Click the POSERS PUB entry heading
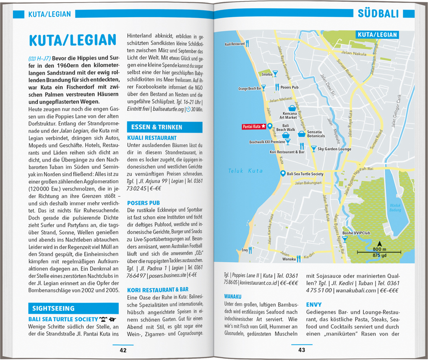coord(144,203)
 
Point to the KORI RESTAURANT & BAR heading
coord(157,290)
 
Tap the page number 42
coord(123,350)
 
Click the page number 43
coord(302,350)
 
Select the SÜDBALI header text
coord(378,14)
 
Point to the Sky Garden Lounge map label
coord(334,149)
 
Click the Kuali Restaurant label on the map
coord(235,44)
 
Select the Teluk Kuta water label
coord(245,171)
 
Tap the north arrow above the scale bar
coord(379,244)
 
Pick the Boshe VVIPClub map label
coord(356,233)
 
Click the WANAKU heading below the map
coord(233,296)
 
